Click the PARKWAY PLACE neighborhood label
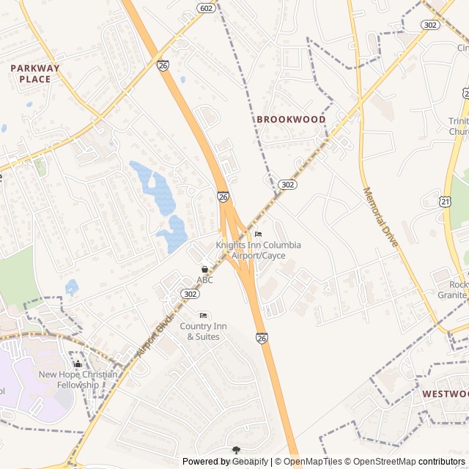pos(35,73)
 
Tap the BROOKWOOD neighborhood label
pos(291,119)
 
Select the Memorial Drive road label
pos(380,216)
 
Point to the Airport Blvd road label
pos(154,336)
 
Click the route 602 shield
pos(206,7)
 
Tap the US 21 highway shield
pos(446,201)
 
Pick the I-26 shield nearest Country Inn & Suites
pos(262,338)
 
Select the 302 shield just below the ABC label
pos(191,293)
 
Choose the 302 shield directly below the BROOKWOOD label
pos(288,185)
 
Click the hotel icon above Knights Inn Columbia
pos(257,234)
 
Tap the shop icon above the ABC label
pos(204,269)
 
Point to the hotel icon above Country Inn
pos(203,315)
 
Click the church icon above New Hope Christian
pos(78,363)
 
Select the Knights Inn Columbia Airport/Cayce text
pos(258,250)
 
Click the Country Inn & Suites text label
pos(203,331)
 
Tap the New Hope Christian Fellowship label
pos(78,380)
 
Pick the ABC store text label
pos(204,280)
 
